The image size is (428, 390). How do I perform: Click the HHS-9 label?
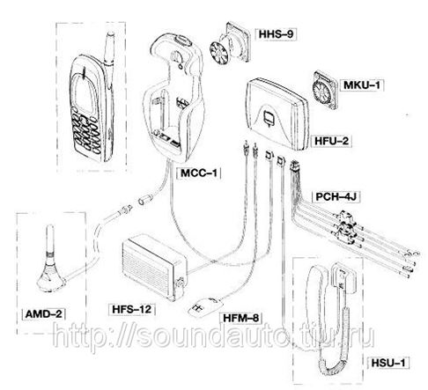point(276,34)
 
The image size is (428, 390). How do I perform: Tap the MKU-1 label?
point(362,85)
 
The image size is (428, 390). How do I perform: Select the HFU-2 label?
point(332,141)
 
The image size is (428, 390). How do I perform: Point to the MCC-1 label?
point(199,173)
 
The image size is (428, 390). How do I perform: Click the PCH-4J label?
point(336,196)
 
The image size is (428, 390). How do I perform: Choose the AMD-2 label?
point(44,314)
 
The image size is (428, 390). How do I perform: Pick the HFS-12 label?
point(132,309)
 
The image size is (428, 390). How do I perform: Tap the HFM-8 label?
point(241,318)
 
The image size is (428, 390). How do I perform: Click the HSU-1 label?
point(388,363)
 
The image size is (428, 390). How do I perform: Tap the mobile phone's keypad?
point(86,133)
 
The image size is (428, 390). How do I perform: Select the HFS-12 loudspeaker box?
point(155,267)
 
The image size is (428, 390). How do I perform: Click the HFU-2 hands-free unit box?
point(277,114)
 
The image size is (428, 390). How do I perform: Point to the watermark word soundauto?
point(211,335)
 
